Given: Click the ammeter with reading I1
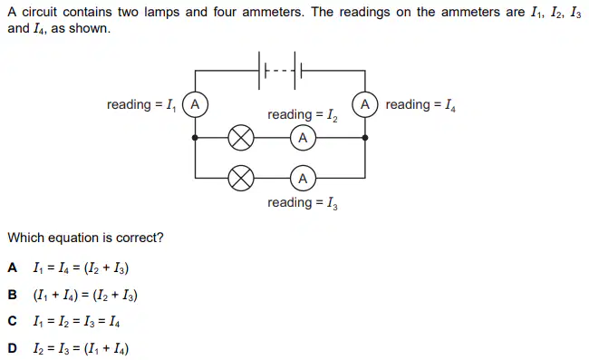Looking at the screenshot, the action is (x=195, y=104).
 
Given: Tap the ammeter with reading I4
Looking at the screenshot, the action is (x=365, y=104).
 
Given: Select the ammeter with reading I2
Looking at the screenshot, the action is (x=303, y=138).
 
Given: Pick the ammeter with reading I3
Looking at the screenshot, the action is (x=303, y=178).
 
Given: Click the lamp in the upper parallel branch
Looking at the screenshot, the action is (x=241, y=138).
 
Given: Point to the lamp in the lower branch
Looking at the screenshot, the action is (x=241, y=178).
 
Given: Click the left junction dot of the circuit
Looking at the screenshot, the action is (x=195, y=138).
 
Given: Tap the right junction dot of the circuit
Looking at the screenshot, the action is (x=365, y=138).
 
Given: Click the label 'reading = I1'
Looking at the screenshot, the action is (x=141, y=105).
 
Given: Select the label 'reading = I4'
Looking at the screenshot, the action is (x=420, y=105).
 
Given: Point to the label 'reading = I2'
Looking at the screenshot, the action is (x=303, y=115).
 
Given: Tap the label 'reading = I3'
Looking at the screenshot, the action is (x=303, y=203).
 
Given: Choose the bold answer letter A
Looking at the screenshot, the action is (x=12, y=268).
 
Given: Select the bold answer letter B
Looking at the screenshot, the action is (x=12, y=295).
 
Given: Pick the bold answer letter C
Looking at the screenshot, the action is (x=12, y=321).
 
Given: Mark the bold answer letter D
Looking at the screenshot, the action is (x=12, y=348).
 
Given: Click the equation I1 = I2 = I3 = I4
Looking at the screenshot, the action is (x=76, y=322).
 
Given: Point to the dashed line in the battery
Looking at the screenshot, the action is (x=280, y=71).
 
